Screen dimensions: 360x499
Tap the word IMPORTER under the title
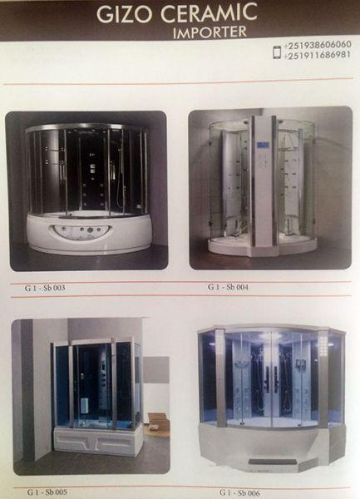tap(210, 32)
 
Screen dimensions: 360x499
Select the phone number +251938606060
tap(318, 45)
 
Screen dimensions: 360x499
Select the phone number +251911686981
tap(318, 55)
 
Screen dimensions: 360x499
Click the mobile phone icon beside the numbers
tap(278, 52)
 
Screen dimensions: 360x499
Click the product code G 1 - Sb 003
tap(45, 288)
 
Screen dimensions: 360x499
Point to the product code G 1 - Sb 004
tap(228, 287)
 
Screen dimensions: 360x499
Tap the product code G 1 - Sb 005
tap(47, 492)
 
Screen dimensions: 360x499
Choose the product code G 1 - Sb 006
tap(239, 492)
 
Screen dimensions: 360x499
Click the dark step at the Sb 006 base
tap(264, 461)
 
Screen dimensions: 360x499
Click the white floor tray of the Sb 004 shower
tap(263, 247)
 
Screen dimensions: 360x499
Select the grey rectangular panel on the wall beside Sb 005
tap(155, 369)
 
